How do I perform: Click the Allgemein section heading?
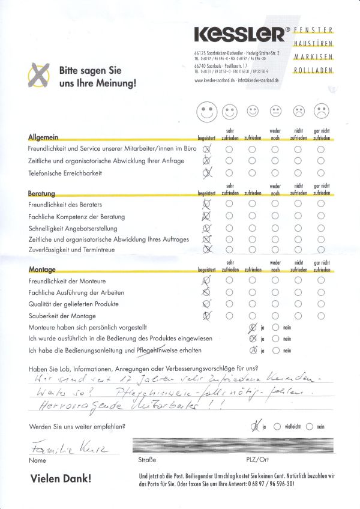[43, 137]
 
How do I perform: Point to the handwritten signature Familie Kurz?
[55, 450]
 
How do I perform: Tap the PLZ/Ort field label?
[255, 462]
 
